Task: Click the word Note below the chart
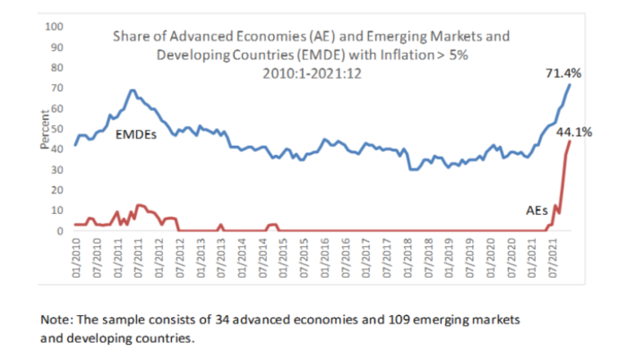click(x=56, y=319)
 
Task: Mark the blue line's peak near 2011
click(x=133, y=90)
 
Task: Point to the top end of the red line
click(x=571, y=141)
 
